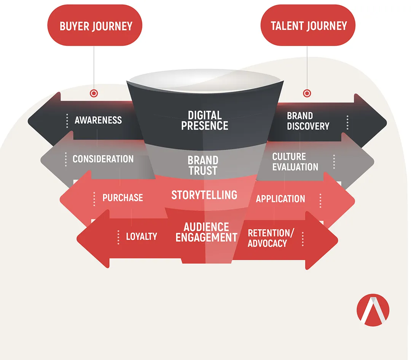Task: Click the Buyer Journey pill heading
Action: (x=95, y=25)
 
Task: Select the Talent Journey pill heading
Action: (x=308, y=25)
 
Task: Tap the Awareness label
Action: (x=98, y=120)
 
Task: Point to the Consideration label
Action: (x=103, y=159)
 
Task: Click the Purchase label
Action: (x=123, y=198)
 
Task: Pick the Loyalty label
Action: (x=142, y=237)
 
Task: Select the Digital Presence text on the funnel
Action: (x=204, y=120)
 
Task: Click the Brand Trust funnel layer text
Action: (x=203, y=165)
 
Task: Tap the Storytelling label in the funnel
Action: (x=204, y=195)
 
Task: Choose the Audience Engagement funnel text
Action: (x=206, y=232)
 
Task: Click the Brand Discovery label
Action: (x=308, y=121)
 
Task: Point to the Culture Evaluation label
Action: (x=295, y=162)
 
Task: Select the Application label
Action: (x=280, y=198)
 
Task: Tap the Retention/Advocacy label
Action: (x=271, y=238)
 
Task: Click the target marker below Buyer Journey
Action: (x=94, y=93)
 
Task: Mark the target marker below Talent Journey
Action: (x=307, y=93)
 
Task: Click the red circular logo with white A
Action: (x=373, y=310)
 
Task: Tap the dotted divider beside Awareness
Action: (x=67, y=121)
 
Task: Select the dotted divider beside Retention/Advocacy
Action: (x=303, y=239)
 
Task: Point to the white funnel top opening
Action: (x=205, y=80)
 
